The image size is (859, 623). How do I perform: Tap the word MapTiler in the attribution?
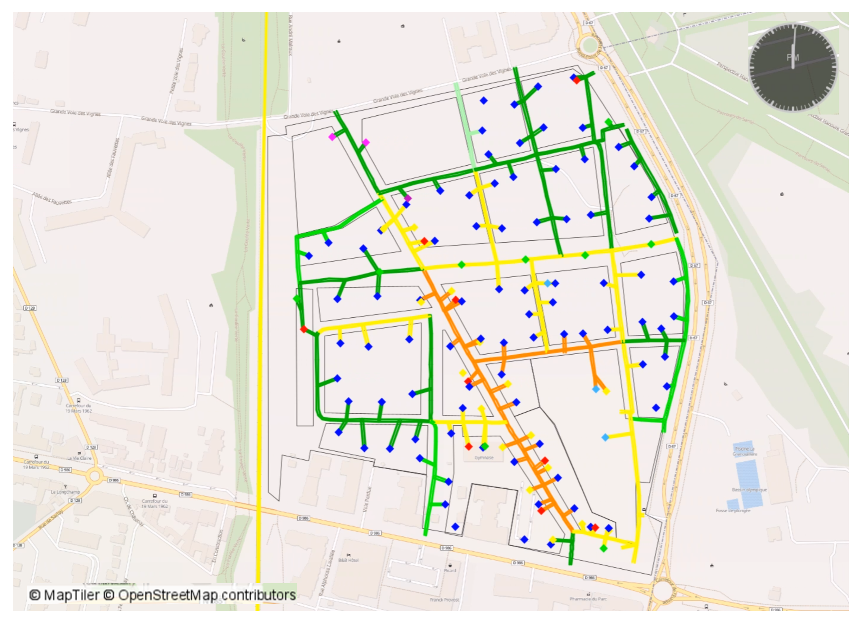72,595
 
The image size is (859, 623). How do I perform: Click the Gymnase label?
484,458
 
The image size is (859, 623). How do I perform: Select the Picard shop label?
450,570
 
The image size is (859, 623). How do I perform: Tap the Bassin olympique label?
749,489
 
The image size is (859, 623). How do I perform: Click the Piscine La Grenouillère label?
744,451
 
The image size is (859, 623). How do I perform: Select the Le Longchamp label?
65,492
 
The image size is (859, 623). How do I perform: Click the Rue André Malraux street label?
290,36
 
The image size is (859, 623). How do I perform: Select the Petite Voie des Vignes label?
176,70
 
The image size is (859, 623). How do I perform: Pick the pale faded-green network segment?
464,125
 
